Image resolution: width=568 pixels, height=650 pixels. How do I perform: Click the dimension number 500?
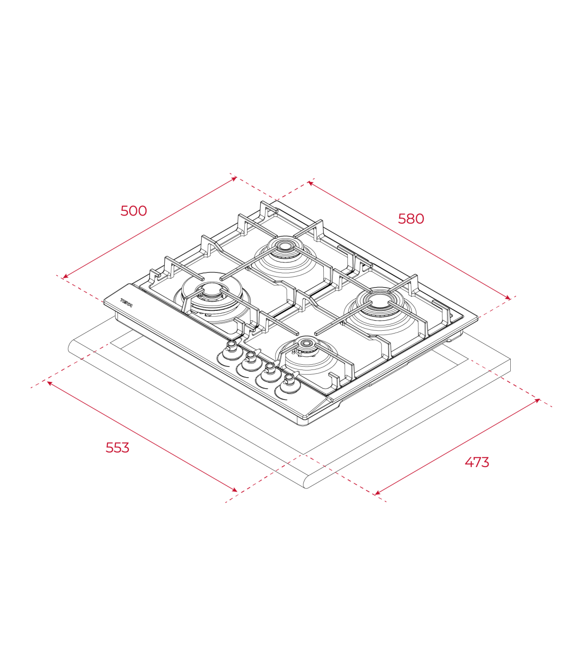point(133,211)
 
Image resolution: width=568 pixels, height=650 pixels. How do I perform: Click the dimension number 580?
point(411,219)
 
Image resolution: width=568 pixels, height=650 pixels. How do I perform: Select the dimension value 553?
point(117,448)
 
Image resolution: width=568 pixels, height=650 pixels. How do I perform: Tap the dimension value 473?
point(477,462)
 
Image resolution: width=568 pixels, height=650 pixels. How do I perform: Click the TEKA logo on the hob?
point(126,303)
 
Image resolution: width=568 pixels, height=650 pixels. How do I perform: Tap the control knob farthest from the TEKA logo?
point(289,384)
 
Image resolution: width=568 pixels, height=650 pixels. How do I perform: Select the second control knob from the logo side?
point(251,361)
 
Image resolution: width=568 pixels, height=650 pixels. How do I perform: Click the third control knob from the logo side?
point(270,373)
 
